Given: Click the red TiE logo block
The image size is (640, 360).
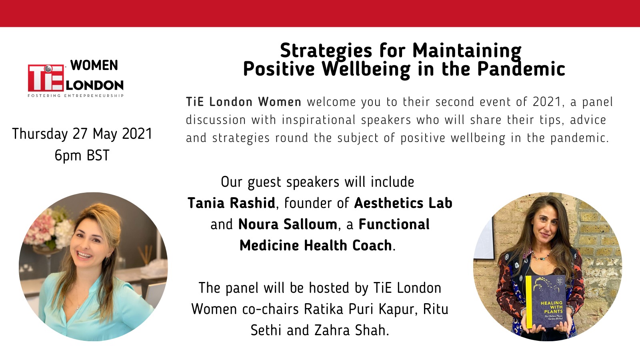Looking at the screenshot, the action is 46,78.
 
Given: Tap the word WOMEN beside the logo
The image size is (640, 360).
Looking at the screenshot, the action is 94,66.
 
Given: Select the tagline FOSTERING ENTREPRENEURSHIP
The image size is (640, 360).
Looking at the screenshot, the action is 76,96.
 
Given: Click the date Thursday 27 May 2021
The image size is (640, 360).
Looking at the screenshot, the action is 82,134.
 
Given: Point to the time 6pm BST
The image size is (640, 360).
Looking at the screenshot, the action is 82,156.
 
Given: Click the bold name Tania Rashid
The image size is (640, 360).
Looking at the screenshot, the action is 232,203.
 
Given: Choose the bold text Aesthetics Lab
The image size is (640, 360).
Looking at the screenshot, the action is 403,203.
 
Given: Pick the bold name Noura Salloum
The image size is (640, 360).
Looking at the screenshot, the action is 288,224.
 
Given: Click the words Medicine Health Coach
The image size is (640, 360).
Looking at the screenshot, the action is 316,246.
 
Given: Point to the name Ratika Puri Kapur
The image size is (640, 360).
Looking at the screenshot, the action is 359,310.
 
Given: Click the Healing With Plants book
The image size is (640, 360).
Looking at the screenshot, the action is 546,302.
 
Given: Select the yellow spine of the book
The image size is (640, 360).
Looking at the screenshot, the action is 529,302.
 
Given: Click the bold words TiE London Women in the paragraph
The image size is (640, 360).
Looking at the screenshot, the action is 244,102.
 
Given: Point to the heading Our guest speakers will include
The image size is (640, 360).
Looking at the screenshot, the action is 318,182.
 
